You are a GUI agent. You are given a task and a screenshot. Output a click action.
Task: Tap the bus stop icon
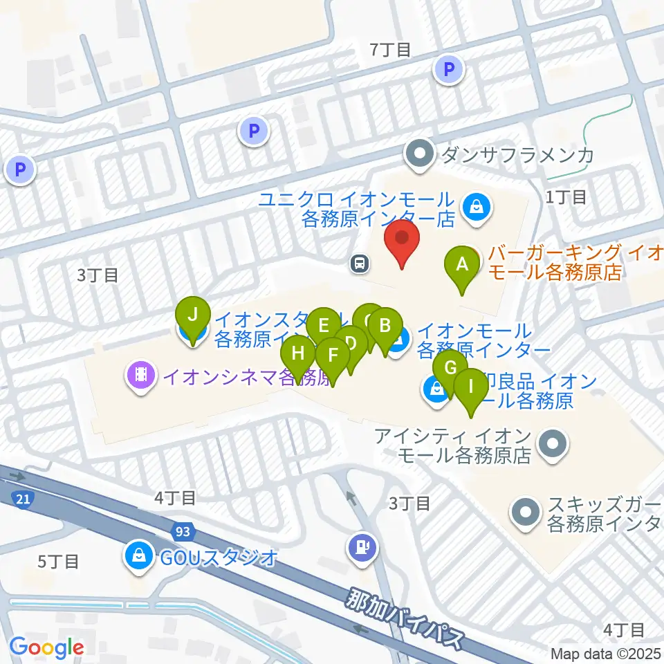(x=360, y=263)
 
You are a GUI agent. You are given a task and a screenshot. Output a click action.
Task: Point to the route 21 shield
(x=23, y=498)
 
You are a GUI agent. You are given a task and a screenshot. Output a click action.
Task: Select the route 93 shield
(x=183, y=531)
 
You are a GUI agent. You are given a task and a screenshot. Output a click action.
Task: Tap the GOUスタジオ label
(x=220, y=555)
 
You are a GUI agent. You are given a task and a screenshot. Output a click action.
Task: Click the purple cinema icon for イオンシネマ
(x=140, y=376)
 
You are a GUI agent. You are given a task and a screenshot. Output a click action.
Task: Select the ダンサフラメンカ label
(x=516, y=154)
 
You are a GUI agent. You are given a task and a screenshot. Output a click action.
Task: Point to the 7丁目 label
(x=391, y=49)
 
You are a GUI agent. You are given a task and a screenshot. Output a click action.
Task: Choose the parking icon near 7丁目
(x=449, y=69)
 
